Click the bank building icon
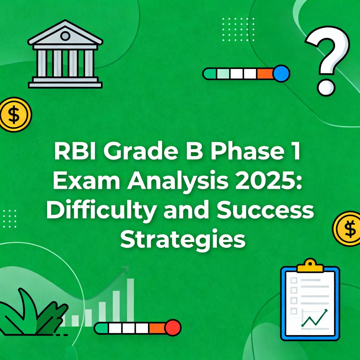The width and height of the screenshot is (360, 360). pos(65,54)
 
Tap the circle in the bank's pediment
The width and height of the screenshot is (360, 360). pos(65,36)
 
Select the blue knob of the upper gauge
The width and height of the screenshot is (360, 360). pos(281,73)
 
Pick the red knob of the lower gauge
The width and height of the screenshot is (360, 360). pos(173,328)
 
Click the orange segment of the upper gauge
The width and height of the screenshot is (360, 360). pos(265,74)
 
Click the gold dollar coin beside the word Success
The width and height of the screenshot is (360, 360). pos(347,229)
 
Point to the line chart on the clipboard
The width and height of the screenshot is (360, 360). pos(315,318)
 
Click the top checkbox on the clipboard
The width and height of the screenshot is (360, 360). pos(294,280)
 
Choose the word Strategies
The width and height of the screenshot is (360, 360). pos(183,240)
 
